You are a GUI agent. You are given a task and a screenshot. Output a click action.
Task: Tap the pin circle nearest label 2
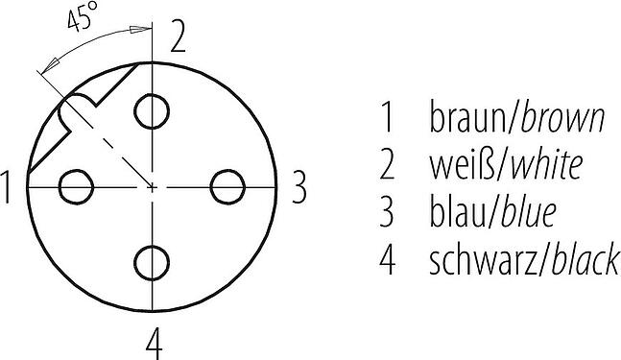point(152,111)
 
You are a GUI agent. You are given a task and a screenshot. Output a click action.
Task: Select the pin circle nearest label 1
point(76,187)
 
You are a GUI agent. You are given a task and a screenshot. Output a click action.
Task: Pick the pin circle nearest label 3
point(227,187)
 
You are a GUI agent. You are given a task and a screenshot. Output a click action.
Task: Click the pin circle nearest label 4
point(152,263)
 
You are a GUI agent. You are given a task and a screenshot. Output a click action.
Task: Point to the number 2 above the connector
point(178,37)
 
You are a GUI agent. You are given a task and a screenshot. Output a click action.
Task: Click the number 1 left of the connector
point(6,187)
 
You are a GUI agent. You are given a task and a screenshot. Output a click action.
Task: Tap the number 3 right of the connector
point(299,187)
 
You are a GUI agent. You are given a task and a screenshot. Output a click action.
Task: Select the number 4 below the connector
point(155,343)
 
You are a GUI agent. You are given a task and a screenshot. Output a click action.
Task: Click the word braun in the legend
point(466,118)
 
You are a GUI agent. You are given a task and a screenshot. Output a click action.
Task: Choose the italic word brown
point(562,118)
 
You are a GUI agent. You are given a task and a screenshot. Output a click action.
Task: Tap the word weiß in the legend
point(463,164)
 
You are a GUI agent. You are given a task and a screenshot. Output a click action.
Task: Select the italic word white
point(547,164)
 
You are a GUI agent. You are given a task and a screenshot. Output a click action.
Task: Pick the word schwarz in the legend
point(483,259)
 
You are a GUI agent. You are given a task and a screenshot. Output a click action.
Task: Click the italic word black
point(585,259)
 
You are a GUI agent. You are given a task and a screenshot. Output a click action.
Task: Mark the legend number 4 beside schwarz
point(388,259)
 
